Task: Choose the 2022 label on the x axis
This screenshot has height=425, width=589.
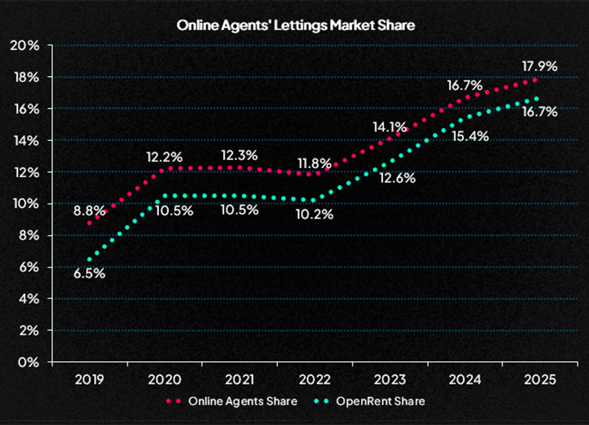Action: click(315, 380)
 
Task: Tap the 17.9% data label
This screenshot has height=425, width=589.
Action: click(538, 66)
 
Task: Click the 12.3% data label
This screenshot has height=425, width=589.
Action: click(241, 155)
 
